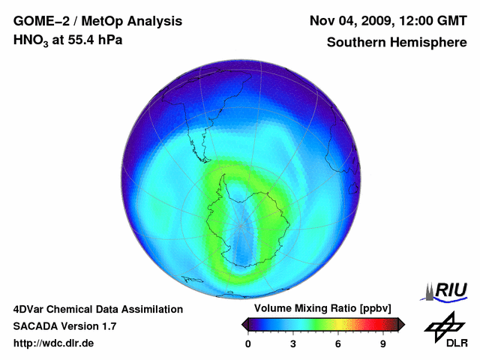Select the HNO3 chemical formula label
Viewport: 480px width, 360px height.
tap(33, 40)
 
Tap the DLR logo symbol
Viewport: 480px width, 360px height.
tap(443, 328)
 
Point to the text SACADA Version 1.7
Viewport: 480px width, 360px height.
tap(64, 326)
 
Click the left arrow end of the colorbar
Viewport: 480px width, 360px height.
tap(244, 324)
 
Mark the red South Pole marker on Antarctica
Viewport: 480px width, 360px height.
tap(241, 224)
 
